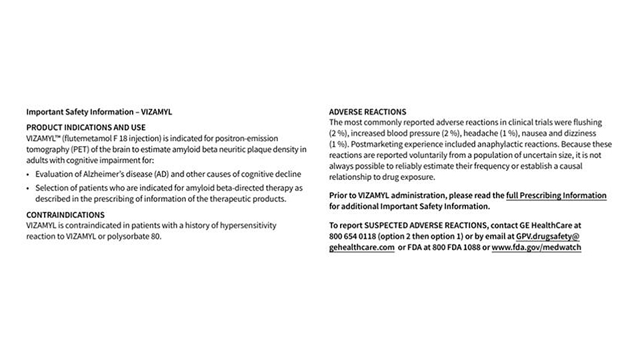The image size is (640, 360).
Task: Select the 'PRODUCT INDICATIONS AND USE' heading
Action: point(86,127)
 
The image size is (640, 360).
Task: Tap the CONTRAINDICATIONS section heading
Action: point(65,215)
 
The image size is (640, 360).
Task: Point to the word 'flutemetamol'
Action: point(83,138)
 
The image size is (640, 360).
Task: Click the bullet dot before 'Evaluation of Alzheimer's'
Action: point(29,175)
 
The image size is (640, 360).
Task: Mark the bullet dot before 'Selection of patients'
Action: point(29,189)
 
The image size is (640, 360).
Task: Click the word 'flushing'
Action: point(587,123)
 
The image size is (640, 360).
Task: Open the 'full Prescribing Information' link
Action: point(556,195)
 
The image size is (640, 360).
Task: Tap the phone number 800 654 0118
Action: point(353,236)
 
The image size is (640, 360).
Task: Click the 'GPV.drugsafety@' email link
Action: point(548,236)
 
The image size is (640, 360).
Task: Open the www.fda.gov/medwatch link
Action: point(536,247)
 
